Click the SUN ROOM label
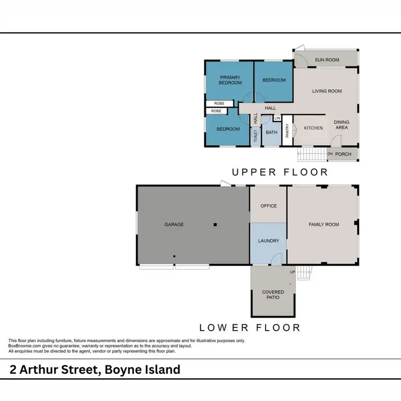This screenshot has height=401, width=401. coord(327,60)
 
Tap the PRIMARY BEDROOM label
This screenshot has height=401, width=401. coord(230,80)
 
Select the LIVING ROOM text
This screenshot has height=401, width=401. coord(327,91)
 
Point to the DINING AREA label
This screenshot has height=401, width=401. coord(341,125)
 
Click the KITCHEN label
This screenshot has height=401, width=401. coord(313,128)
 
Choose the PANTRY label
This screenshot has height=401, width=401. coord(287,131)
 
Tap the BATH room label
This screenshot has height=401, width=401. coord(272,133)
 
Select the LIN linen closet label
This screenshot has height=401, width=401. coord(277,118)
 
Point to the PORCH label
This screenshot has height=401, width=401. coord(343,155)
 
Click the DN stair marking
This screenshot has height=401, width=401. coord(330,155)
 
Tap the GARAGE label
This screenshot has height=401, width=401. coord(174,225)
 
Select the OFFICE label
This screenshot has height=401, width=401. coord(268,206)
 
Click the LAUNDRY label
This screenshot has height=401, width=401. coord(268,241)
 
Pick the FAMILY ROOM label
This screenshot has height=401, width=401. coord(324,225)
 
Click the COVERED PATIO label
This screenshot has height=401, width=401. coord(273,295)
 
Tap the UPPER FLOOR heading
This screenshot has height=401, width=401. coord(279,172)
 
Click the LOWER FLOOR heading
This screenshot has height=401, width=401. coord(250,327)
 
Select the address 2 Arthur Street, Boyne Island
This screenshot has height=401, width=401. coord(95,369)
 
